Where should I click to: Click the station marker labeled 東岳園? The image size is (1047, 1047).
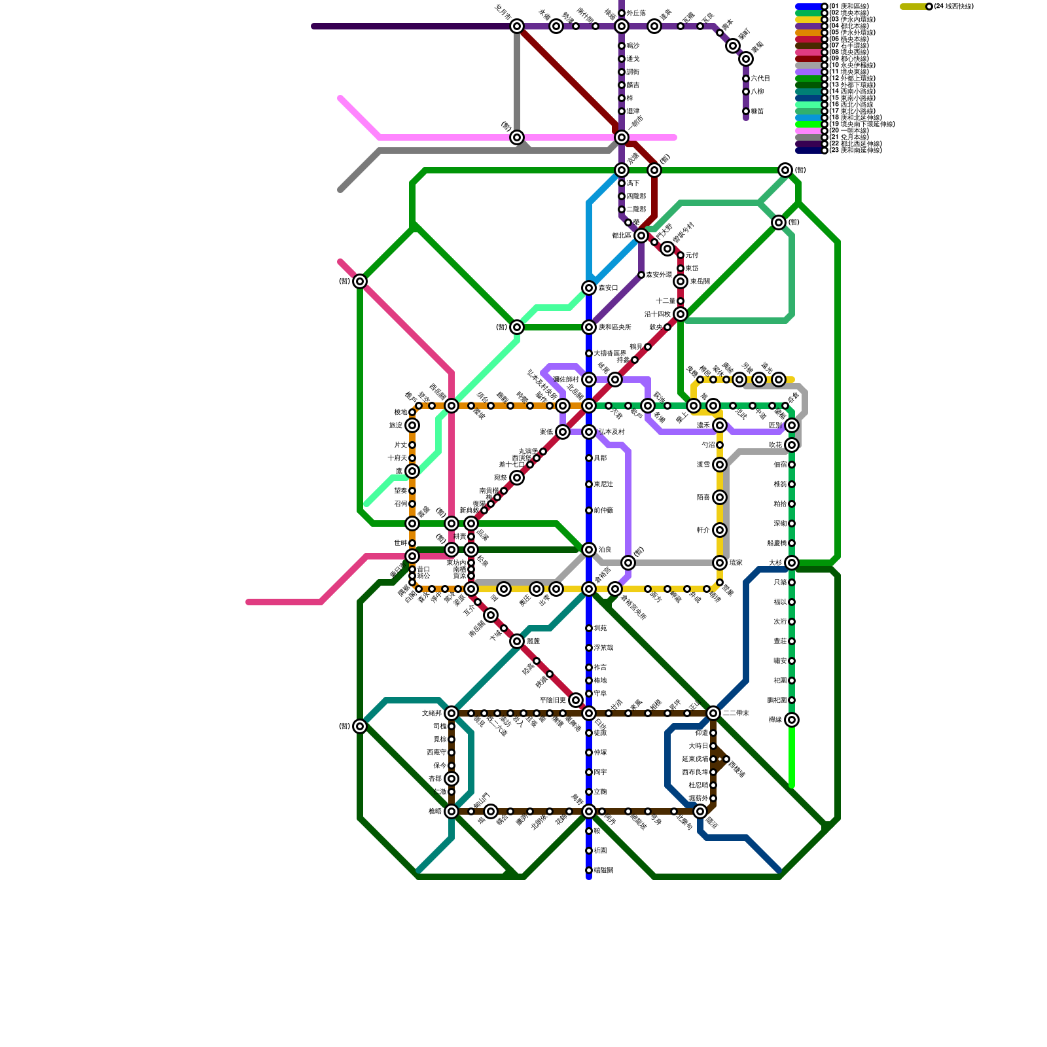(x=681, y=281)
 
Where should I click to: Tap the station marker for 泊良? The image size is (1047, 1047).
(x=589, y=550)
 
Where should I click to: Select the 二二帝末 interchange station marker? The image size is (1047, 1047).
(x=713, y=713)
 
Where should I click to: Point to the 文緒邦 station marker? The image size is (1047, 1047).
(x=452, y=713)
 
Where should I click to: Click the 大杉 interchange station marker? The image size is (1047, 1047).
(x=792, y=563)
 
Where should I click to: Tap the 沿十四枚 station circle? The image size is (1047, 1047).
(x=681, y=314)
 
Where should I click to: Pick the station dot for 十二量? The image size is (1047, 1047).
(x=681, y=301)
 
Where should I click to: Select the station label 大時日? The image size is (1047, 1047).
(x=698, y=746)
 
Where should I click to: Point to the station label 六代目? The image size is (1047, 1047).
(x=760, y=79)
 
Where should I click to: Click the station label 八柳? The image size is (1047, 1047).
(x=757, y=92)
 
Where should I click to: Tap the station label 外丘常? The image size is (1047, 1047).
(x=636, y=13)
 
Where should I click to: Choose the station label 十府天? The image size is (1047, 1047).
(x=397, y=458)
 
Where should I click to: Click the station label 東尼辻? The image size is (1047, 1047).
(x=603, y=484)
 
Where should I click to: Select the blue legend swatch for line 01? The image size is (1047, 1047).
(x=807, y=7)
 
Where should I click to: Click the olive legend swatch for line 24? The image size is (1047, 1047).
(x=912, y=7)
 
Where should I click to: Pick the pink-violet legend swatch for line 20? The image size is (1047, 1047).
(x=807, y=131)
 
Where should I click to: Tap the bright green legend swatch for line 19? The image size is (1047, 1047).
(x=807, y=124)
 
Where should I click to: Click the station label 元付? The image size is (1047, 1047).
(x=692, y=255)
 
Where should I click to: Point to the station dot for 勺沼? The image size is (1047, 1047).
(x=720, y=445)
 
